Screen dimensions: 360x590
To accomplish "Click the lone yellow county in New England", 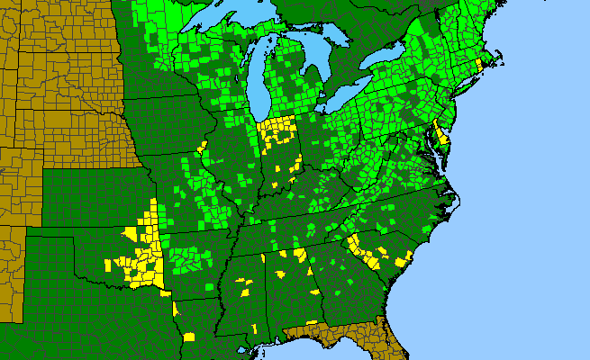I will [x=478, y=65].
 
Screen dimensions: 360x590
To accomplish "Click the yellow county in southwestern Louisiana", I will [x=189, y=337].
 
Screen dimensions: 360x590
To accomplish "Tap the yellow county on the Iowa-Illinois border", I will [x=203, y=146].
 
